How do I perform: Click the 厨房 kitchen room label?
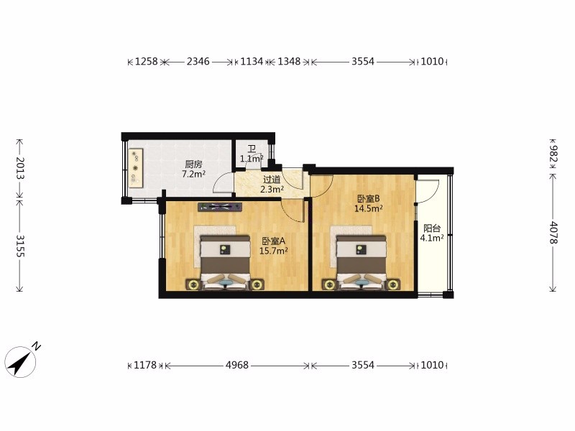pos(193,164)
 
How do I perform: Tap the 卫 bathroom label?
pos(252,149)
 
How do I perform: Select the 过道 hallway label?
pos(272,180)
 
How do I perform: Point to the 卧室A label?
pos(273,241)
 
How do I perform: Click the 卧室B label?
pos(369,199)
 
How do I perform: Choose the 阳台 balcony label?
pos(432,228)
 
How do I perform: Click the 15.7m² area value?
pos(273,251)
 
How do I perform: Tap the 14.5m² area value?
pos(369,208)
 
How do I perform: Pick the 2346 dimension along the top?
pos(198,61)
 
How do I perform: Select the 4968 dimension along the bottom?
pos(237,365)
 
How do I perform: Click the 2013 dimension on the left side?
pos(20,168)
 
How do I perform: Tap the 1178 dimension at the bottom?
pos(145,365)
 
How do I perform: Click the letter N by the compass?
pos(36,346)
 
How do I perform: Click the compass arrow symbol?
pos(20,362)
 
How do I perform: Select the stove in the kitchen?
pos(136,168)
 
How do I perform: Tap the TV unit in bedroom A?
pos(220,207)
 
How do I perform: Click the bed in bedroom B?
pos(362,262)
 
